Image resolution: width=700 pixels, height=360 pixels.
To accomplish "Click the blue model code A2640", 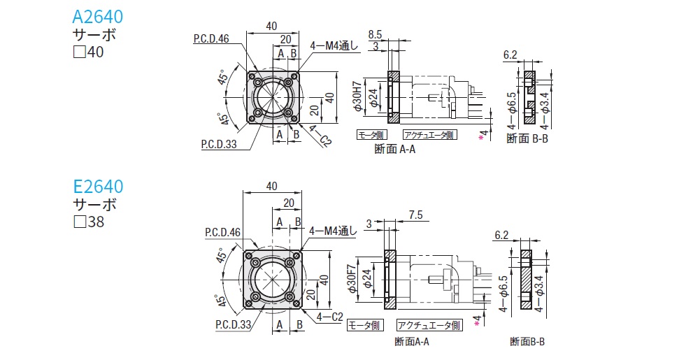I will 99,16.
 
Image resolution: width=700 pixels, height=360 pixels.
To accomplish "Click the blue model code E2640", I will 99,187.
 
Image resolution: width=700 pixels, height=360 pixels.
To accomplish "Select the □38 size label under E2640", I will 88,222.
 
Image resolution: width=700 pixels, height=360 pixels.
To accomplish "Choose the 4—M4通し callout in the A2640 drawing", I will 334,46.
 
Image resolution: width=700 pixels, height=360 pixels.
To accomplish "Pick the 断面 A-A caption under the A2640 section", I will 395,148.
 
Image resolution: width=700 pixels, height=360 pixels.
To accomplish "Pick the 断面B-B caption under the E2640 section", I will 527,341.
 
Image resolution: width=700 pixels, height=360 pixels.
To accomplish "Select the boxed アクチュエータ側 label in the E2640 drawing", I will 429,325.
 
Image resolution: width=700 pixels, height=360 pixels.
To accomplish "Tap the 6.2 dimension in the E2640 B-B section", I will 501,235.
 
